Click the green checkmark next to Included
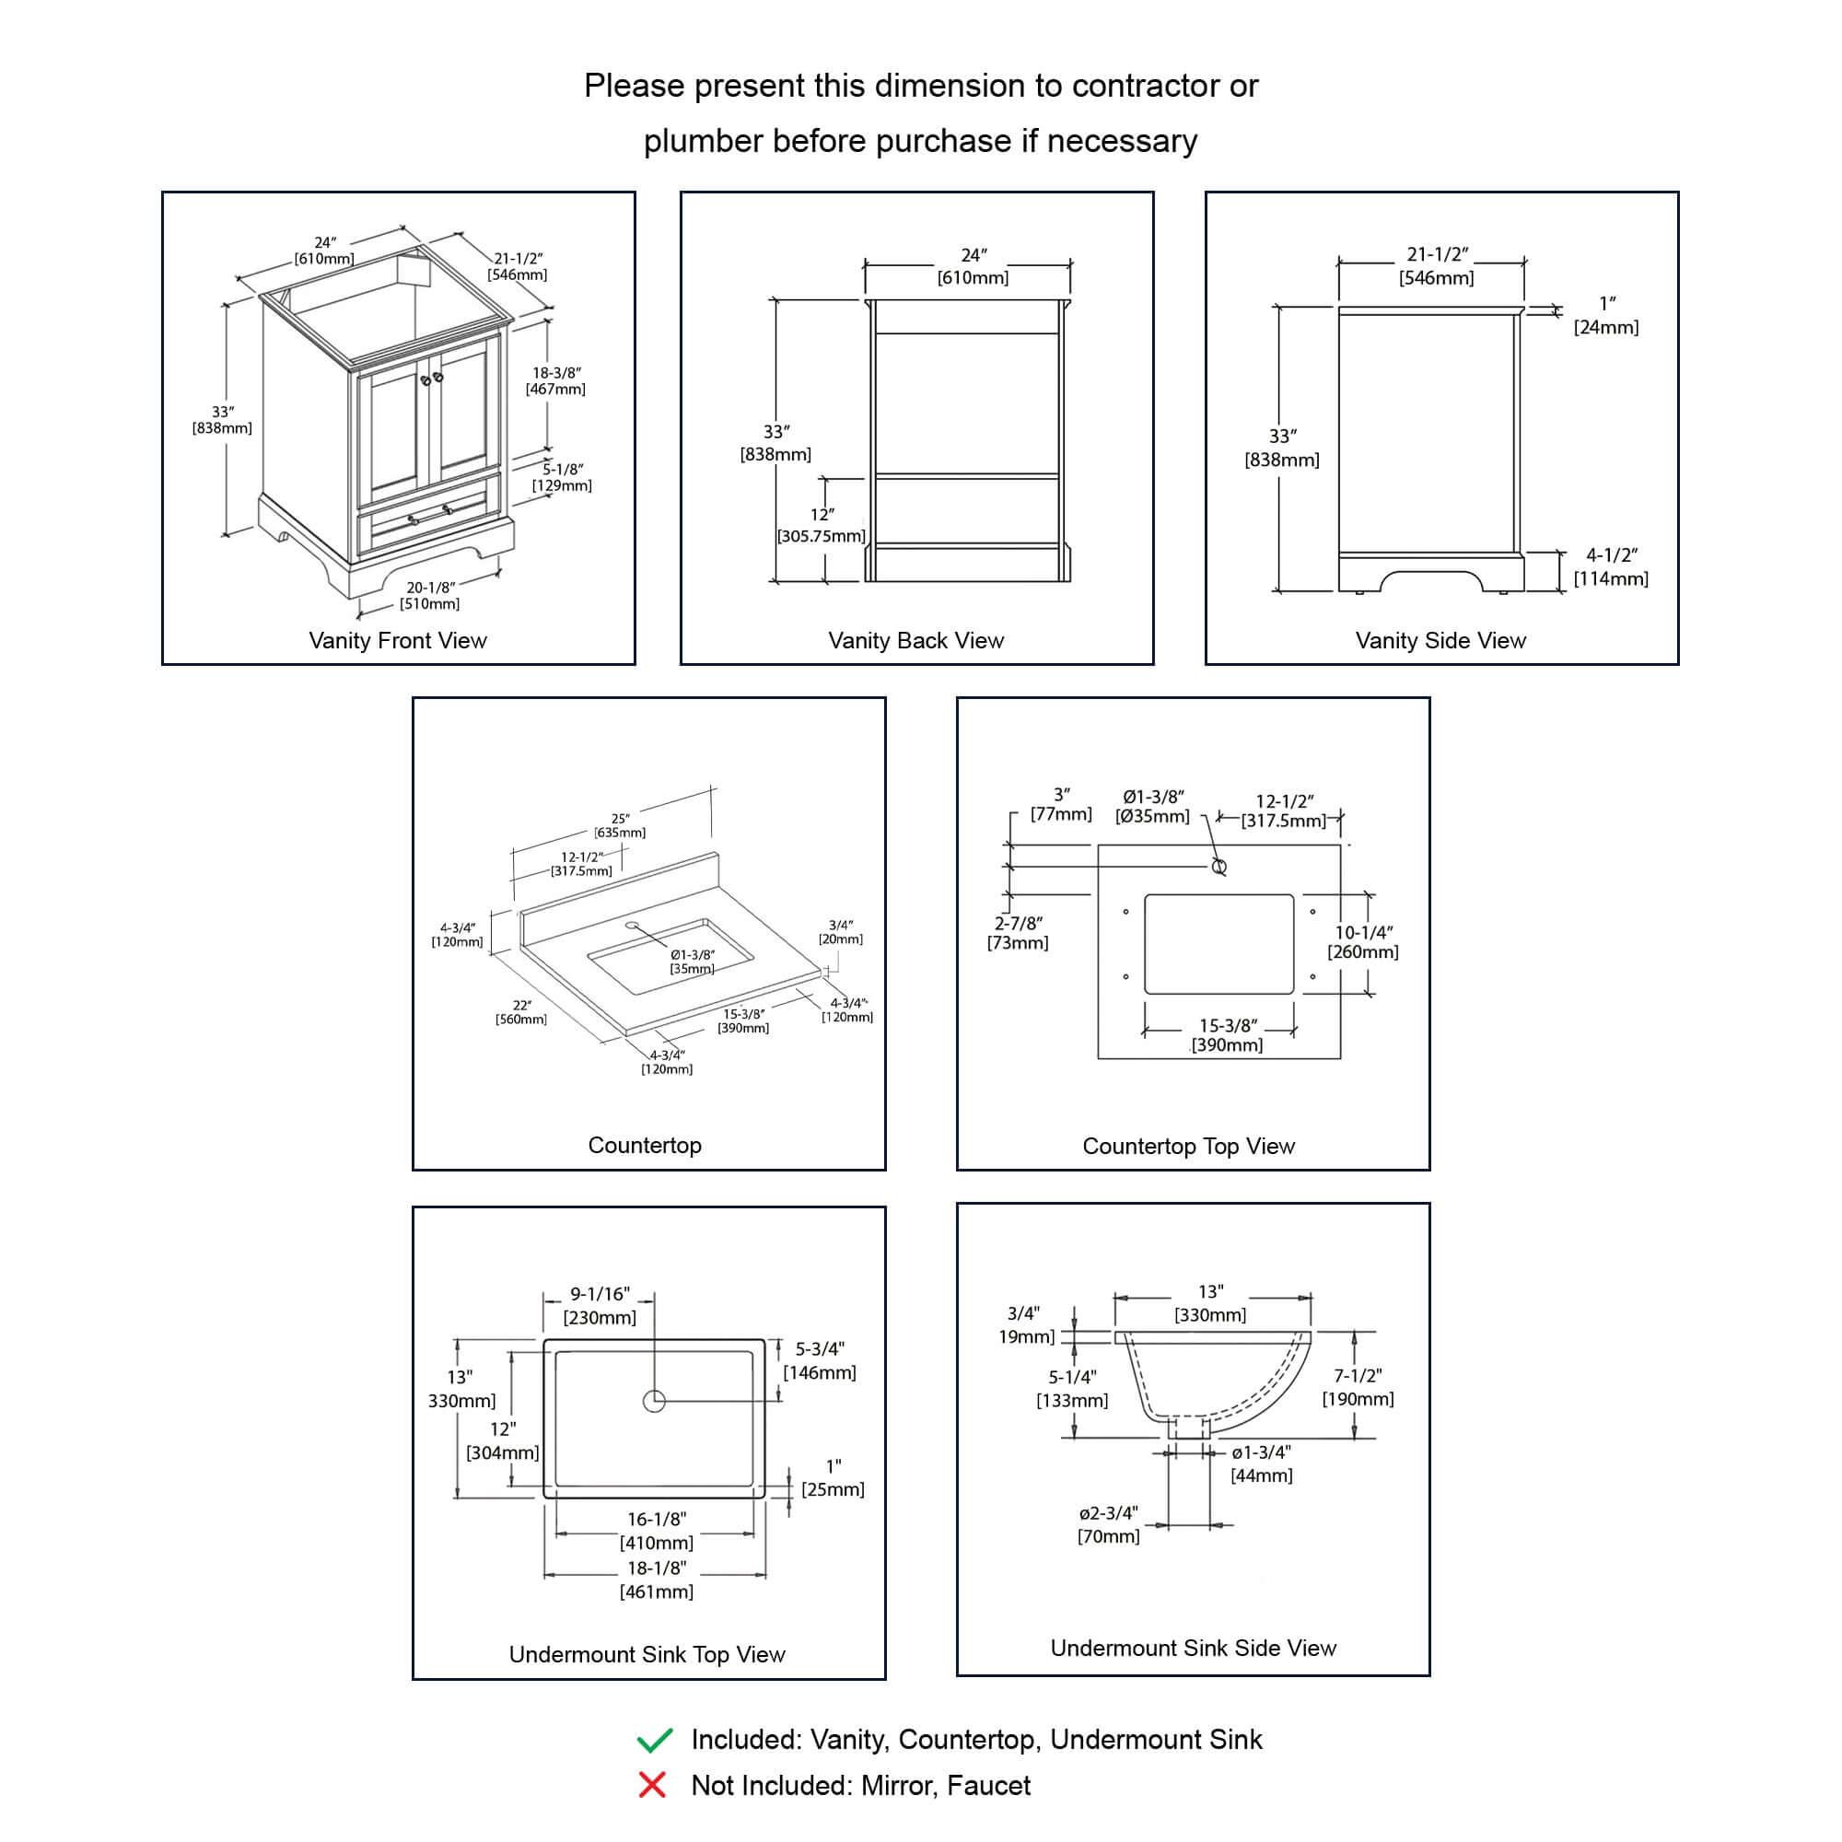pos(655,1740)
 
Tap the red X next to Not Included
pos(652,1785)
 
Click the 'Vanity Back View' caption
pos(915,641)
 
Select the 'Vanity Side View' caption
pos(1440,641)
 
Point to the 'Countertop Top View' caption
pos(1188,1146)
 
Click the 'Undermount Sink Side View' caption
pos(1193,1648)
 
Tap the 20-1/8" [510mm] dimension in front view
pos(430,596)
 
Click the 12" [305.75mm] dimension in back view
pos(822,525)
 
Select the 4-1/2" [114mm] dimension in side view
pos(1610,566)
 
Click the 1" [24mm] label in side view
pos(1606,316)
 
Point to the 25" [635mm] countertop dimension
pos(620,825)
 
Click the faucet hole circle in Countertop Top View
pos(1218,867)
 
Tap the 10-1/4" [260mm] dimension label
pos(1363,942)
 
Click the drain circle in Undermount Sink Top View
pos(654,1401)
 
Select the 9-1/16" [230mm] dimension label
pos(600,1305)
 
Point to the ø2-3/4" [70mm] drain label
pos(1108,1524)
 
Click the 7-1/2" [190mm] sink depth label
pos(1358,1387)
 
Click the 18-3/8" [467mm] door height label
pos(556,380)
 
